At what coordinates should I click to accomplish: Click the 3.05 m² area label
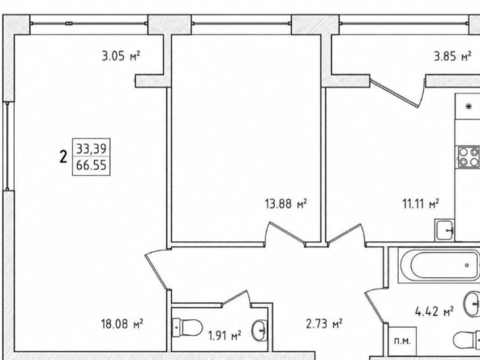(121, 56)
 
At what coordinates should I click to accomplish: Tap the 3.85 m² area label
(452, 56)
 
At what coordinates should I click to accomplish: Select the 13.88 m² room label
(286, 204)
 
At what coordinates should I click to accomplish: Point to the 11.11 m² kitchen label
(421, 204)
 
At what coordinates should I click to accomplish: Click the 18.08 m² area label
(122, 324)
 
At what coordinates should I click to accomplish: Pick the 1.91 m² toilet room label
(225, 336)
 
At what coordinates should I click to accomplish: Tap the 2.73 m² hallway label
(324, 324)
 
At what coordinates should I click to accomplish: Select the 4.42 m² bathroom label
(434, 312)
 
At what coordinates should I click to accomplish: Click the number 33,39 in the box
(92, 149)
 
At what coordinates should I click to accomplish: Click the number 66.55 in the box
(92, 165)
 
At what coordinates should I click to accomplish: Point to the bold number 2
(63, 157)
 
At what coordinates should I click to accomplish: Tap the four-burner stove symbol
(469, 156)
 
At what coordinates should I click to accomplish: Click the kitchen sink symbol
(444, 230)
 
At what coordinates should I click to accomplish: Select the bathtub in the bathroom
(439, 265)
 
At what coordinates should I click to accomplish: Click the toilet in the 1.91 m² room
(187, 328)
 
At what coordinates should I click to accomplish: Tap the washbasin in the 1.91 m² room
(259, 330)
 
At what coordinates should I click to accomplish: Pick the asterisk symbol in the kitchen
(469, 106)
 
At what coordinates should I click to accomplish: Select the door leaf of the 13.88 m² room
(287, 233)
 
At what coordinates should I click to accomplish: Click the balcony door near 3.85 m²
(394, 93)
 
